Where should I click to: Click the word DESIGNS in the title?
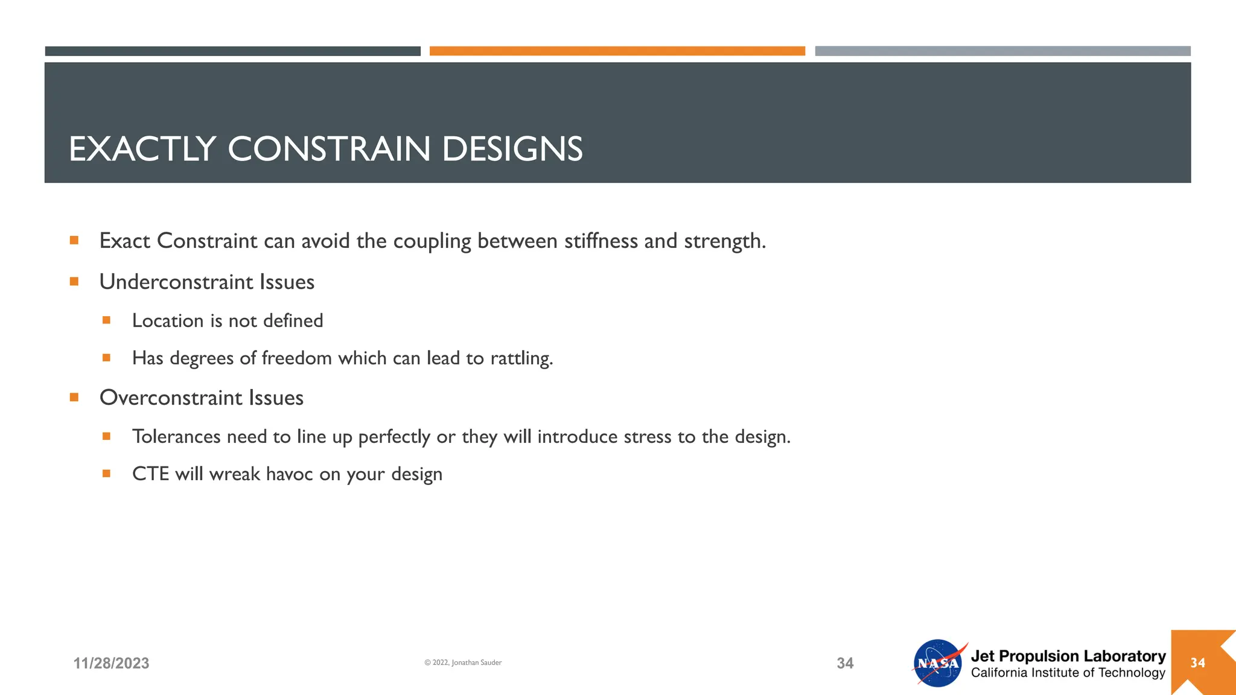click(512, 149)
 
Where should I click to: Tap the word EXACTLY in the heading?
click(142, 149)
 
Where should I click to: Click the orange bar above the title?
click(617, 51)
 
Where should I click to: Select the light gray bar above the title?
click(1002, 51)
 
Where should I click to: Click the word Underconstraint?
click(176, 282)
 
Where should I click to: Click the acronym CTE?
click(150, 474)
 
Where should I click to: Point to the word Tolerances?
click(176, 436)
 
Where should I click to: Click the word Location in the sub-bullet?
click(167, 320)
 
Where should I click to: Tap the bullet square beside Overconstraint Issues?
click(74, 397)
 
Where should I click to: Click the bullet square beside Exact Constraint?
click(74, 240)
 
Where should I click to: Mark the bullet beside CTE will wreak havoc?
click(107, 474)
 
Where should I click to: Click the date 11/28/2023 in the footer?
click(111, 663)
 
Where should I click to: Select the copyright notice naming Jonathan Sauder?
click(463, 662)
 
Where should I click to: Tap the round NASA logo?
click(937, 663)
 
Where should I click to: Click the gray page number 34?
click(845, 663)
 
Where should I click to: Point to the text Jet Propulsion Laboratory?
click(1068, 656)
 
